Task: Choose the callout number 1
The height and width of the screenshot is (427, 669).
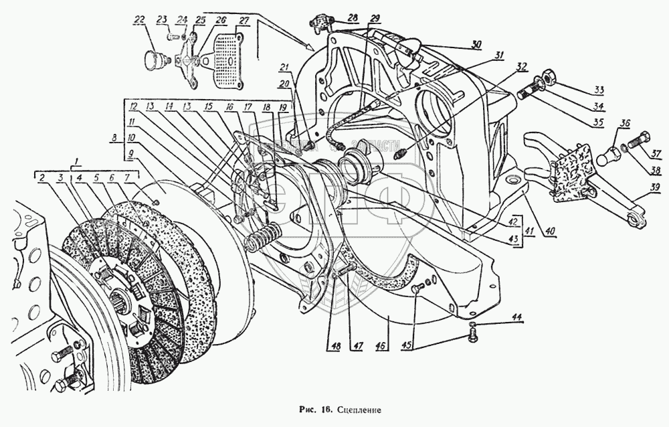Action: click(x=78, y=161)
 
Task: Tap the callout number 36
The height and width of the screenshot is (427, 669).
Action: click(x=625, y=122)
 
